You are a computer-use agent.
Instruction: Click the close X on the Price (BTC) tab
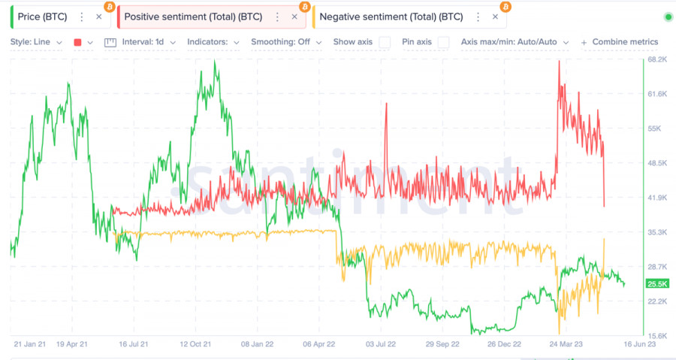tap(98, 17)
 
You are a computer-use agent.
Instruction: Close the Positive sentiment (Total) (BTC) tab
tap(294, 17)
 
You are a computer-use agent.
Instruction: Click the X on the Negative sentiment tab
tap(494, 17)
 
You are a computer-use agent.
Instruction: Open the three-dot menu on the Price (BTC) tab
tap(82, 17)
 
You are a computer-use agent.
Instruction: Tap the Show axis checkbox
tap(385, 42)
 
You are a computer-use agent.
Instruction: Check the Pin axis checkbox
tap(444, 42)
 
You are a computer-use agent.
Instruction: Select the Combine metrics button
tap(620, 42)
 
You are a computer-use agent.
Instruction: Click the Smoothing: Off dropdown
tap(285, 42)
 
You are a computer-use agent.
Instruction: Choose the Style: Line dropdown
tap(35, 42)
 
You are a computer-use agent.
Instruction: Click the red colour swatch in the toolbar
tap(78, 43)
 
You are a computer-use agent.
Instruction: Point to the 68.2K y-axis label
tap(657, 59)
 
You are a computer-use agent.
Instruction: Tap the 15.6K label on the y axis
tap(657, 336)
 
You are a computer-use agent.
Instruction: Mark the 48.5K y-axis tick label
tap(657, 163)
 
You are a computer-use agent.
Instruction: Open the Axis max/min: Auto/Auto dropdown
tap(515, 42)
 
